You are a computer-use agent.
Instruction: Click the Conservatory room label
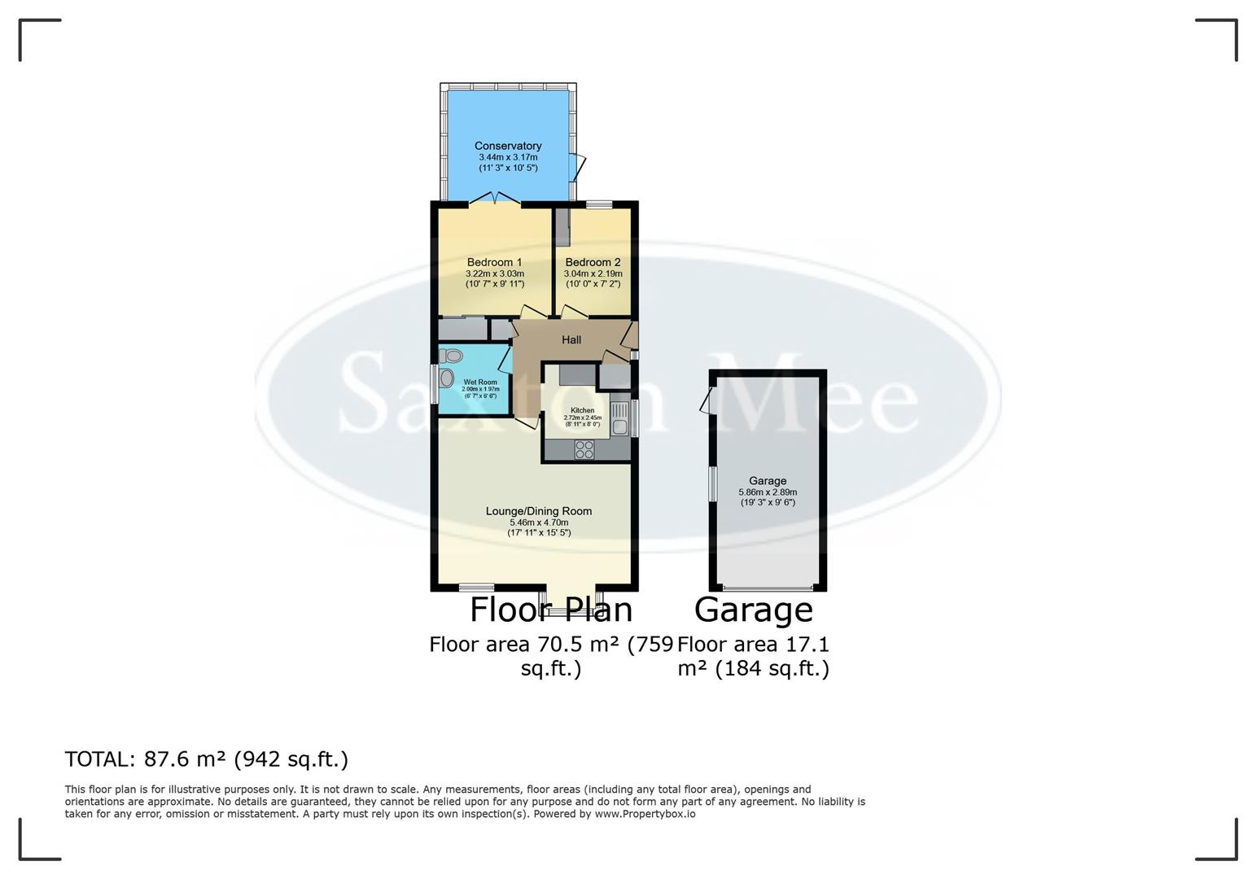tap(508, 146)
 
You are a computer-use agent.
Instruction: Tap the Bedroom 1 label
tap(494, 262)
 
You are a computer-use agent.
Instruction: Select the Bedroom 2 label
tap(593, 262)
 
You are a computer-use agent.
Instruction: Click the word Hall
tap(571, 339)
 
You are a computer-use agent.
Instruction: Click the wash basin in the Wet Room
tap(446, 378)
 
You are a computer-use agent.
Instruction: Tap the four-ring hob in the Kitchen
tap(584, 450)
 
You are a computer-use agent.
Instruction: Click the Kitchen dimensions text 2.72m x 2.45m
tap(582, 418)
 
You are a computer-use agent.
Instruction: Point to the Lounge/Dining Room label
tap(538, 511)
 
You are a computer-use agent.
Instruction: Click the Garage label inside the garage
tap(768, 481)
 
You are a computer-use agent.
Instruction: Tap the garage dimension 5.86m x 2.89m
tap(768, 492)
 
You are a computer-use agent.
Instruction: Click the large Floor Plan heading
tap(551, 610)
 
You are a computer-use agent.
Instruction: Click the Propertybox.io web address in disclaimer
tap(645, 813)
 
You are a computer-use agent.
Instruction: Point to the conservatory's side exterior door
tap(579, 167)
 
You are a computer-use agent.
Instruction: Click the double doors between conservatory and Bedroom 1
tap(496, 197)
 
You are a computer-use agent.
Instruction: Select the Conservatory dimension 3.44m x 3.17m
tap(508, 157)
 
